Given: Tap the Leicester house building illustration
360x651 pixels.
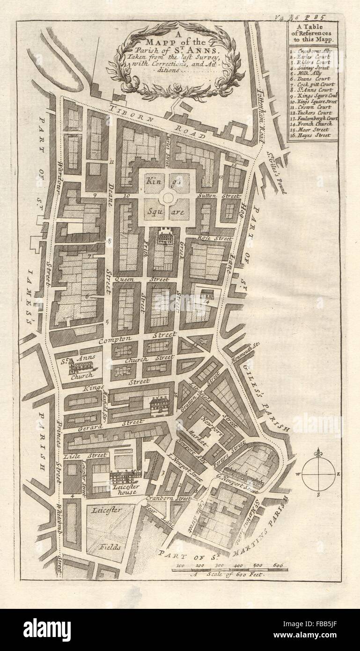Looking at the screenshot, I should click(125, 476).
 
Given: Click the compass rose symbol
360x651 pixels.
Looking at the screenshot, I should click(318, 474).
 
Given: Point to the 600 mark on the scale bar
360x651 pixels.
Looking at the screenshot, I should click(278, 565).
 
